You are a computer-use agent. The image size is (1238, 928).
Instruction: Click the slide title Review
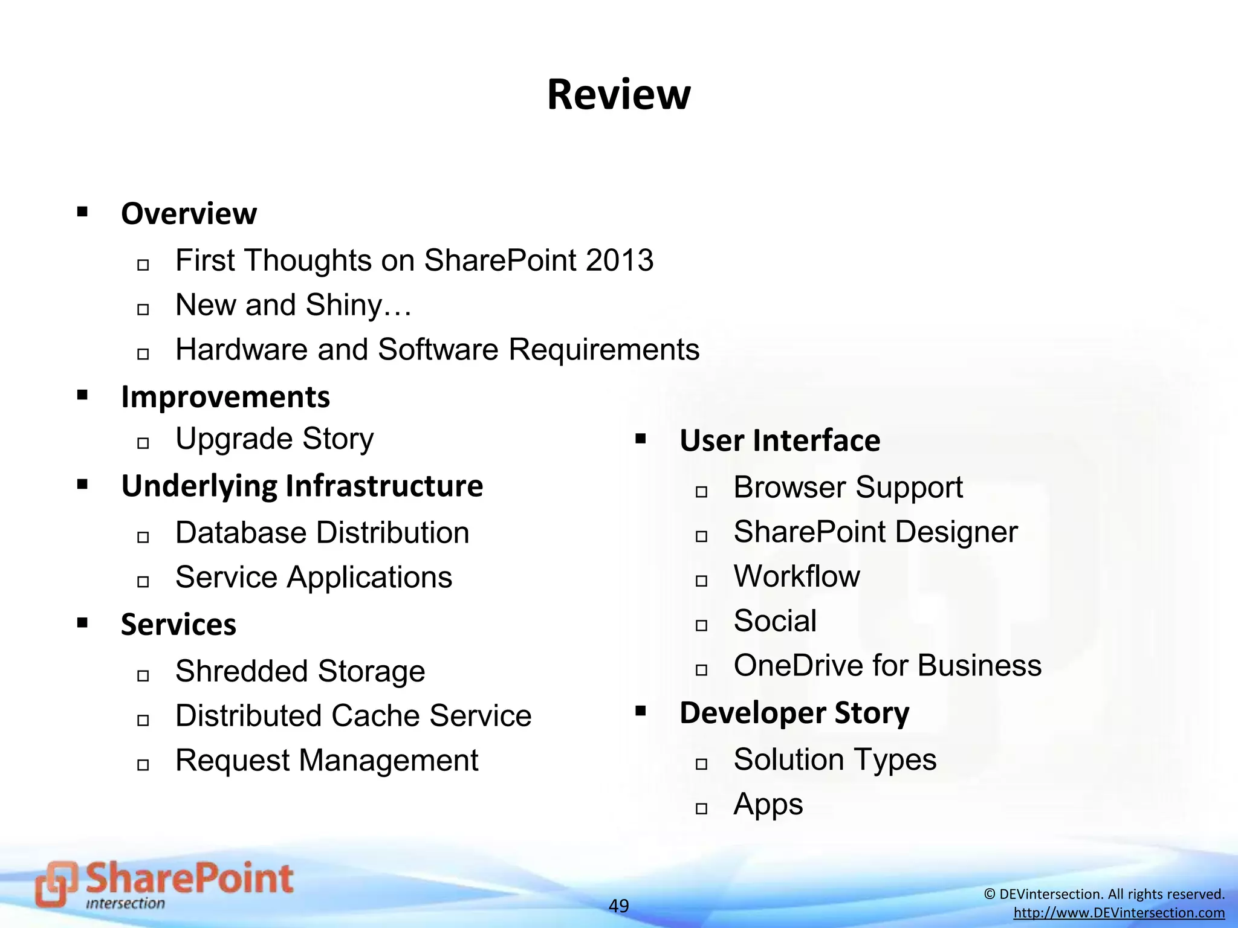[618, 95]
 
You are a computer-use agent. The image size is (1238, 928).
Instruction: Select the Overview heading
[189, 213]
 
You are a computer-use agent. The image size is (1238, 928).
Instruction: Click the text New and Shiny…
[293, 304]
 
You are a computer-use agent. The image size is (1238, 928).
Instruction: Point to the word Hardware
[241, 349]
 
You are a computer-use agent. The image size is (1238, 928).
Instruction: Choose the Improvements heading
[225, 397]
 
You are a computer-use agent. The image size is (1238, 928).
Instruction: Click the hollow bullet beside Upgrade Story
[143, 443]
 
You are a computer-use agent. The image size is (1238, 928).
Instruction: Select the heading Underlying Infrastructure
[302, 486]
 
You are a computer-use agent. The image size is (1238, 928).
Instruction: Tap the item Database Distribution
[322, 533]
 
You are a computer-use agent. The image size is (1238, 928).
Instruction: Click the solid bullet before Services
[83, 622]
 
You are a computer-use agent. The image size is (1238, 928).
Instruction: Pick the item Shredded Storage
[300, 671]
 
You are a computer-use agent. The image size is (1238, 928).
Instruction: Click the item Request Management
[326, 760]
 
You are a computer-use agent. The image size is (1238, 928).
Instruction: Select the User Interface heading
[779, 440]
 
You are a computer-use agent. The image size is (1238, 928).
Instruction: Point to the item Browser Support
[847, 487]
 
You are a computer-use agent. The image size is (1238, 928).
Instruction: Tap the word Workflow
[796, 576]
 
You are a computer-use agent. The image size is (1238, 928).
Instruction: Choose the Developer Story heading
[794, 713]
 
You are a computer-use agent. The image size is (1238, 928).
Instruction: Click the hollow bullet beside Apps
[701, 808]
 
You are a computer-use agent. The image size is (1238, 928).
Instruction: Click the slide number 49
[618, 906]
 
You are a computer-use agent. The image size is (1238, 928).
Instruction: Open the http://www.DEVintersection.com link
[1119, 913]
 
